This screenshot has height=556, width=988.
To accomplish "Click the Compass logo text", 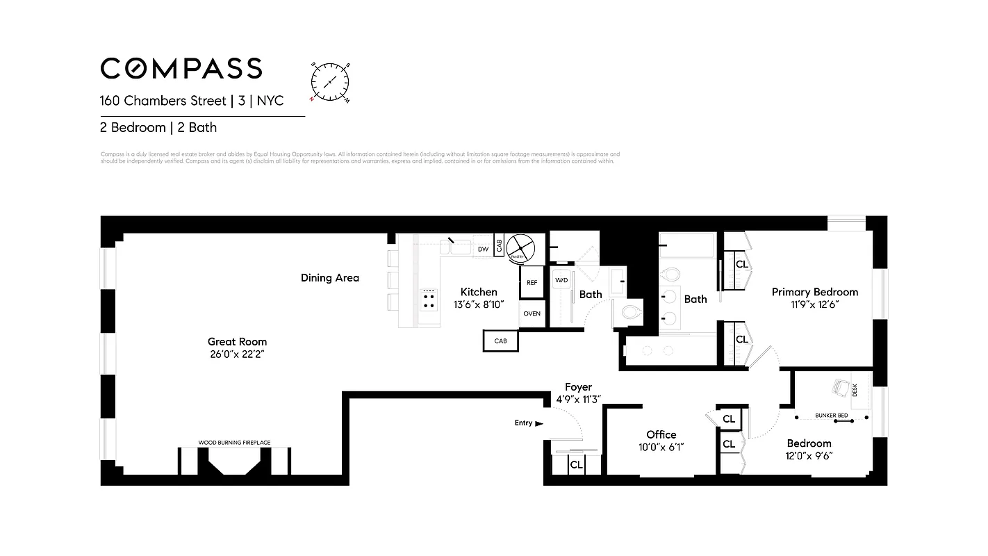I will point(181,68).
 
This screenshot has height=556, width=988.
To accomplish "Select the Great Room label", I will point(237,341).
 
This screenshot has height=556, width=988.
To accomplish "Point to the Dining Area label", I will point(330,278).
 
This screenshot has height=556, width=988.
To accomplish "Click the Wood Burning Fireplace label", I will point(234,442).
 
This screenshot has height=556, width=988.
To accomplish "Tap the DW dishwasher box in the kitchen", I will point(483,248).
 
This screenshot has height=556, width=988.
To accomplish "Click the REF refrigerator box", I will point(532,283).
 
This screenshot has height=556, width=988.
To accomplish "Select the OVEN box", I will point(532,313).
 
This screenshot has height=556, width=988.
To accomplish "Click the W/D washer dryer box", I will point(561,280).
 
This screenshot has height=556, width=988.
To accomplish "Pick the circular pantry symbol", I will point(519,247).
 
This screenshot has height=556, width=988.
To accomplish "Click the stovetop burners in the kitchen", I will point(429,300).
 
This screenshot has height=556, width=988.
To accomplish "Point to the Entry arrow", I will point(539,423).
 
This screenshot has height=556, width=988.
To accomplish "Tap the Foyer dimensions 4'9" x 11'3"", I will point(578,399).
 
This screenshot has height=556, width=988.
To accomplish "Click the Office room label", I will point(661,434).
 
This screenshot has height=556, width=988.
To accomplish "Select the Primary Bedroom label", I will point(814,292).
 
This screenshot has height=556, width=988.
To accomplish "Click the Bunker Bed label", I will point(832,416).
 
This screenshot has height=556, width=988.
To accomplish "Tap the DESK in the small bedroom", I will point(855,390).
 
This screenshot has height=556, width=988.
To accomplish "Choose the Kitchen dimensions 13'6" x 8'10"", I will point(479,304).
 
